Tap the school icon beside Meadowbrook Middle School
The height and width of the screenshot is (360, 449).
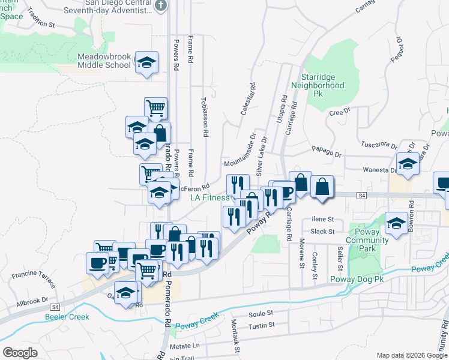pos(146,63)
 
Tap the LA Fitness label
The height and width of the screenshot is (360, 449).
pos(209,197)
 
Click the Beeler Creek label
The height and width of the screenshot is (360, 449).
pos(67,317)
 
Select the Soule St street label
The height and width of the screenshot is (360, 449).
pos(261,313)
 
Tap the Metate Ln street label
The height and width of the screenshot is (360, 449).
pos(184,346)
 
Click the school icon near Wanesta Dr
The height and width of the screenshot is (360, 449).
pos(408,163)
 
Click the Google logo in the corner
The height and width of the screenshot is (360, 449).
pos(20,353)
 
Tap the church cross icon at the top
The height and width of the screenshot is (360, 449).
pos(160,5)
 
